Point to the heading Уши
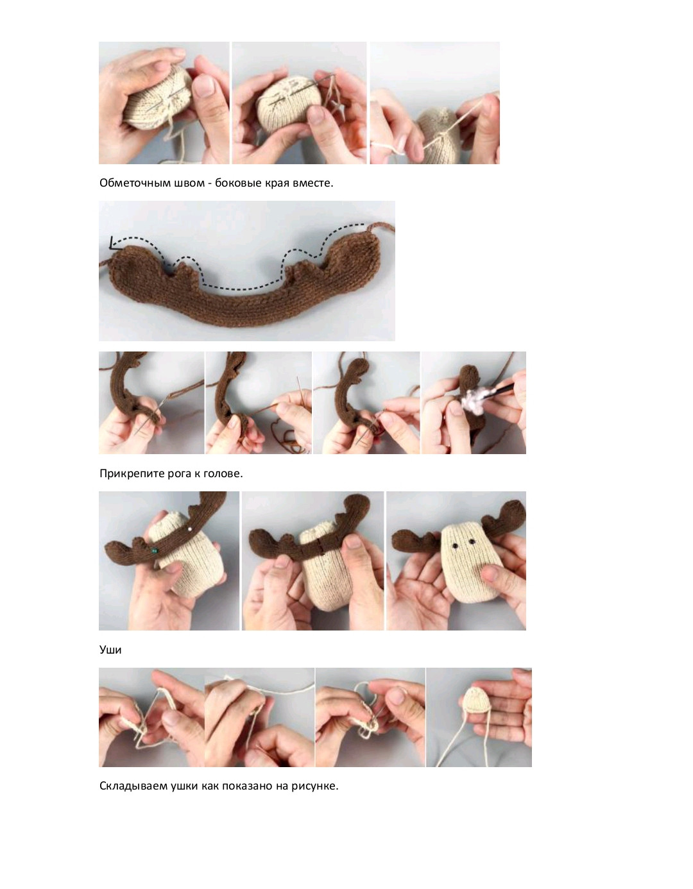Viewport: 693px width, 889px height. click(x=110, y=650)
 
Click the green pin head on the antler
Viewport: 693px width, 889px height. click(x=153, y=551)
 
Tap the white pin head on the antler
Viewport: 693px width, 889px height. click(x=190, y=529)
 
